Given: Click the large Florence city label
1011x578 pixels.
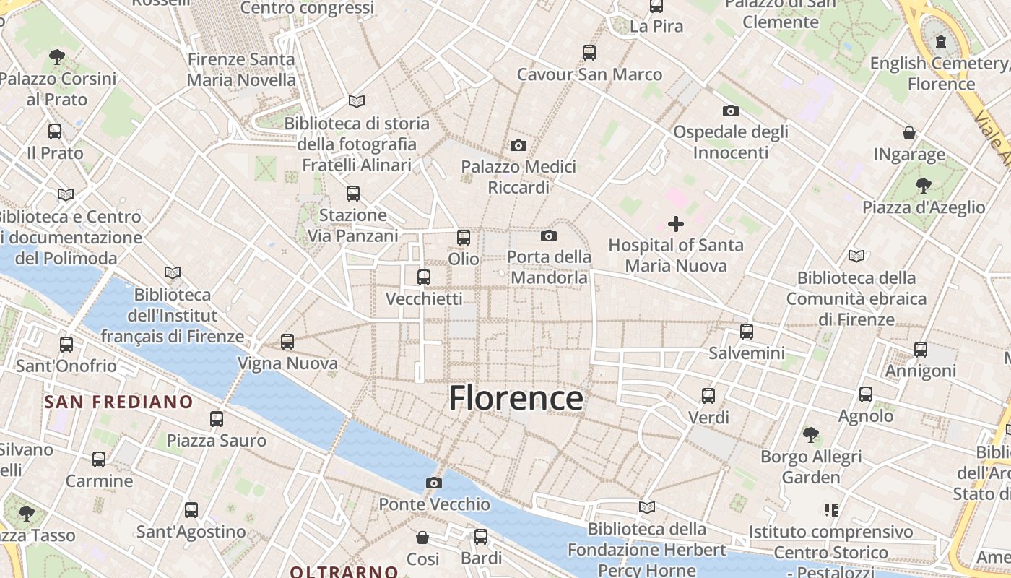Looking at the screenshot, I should (x=516, y=398).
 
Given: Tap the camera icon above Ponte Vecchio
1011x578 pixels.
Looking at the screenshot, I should (x=433, y=483).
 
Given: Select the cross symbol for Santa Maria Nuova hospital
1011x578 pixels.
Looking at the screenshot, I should (x=676, y=224).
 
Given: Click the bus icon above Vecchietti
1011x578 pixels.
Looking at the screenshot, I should (x=424, y=277).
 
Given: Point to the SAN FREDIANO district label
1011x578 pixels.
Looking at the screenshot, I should (x=119, y=402).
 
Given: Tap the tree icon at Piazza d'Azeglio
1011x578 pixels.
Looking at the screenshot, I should (x=923, y=186).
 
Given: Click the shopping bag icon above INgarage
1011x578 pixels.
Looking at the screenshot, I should (x=909, y=133).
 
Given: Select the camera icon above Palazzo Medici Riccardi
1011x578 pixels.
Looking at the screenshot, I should (x=518, y=145).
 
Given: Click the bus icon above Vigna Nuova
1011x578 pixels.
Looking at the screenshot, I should (x=287, y=341).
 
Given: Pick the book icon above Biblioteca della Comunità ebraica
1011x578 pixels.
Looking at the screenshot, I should (x=856, y=256).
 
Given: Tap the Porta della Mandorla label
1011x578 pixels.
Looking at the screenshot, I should (x=549, y=267).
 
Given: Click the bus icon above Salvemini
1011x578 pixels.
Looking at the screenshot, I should (x=747, y=332).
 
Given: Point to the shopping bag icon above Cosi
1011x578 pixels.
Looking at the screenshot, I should (x=422, y=538).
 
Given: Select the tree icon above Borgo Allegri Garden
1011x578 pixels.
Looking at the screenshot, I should (x=811, y=435).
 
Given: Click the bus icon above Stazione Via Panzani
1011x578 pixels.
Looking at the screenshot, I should (x=353, y=194).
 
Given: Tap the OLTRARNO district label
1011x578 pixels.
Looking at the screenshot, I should (x=344, y=571).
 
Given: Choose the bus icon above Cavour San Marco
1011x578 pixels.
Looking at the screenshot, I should (x=589, y=52).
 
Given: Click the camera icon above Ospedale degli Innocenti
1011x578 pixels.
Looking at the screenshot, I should (x=731, y=111).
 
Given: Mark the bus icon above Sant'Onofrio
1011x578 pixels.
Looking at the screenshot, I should (x=66, y=345).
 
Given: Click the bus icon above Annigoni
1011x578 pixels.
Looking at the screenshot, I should (x=921, y=350).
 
